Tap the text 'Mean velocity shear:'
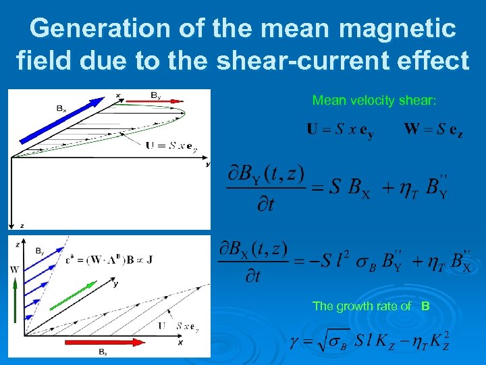374,101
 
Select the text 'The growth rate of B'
371,306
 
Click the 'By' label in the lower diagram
40,249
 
